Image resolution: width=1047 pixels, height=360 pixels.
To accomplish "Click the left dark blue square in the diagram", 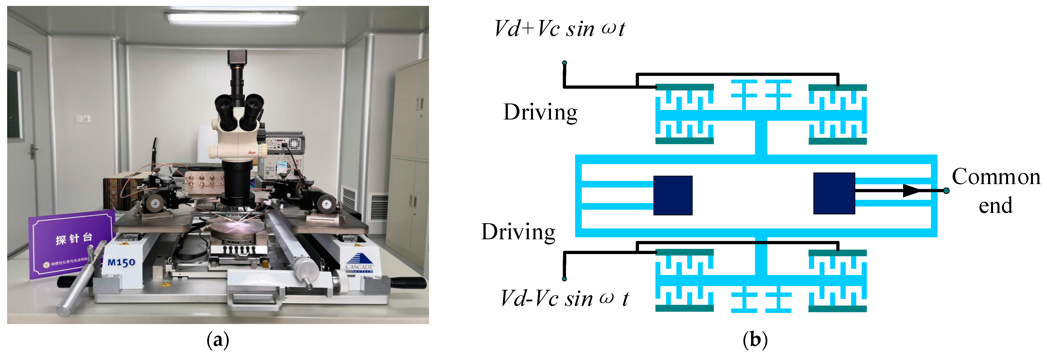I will (x=673, y=195).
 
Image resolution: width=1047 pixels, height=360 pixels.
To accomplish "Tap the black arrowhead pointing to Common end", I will (x=911, y=190).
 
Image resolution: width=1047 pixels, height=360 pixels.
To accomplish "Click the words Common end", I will (x=996, y=190).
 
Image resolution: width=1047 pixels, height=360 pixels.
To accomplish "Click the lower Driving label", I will (x=518, y=232).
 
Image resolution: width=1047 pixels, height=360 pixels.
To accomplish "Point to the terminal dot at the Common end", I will (x=947, y=190).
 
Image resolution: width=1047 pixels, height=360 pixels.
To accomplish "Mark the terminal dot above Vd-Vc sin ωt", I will (x=564, y=279).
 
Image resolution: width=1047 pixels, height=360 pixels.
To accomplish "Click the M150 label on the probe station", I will (x=121, y=262).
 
